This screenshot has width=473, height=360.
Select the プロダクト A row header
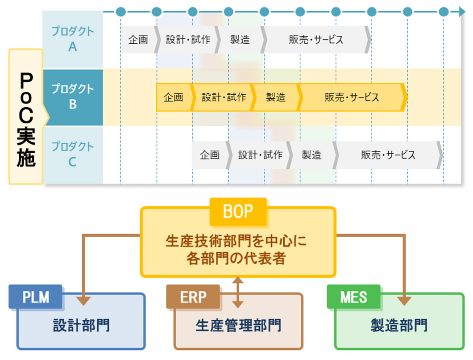(x=72, y=39)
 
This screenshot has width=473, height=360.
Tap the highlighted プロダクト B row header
(x=72, y=96)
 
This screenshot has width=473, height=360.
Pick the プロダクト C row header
(x=72, y=154)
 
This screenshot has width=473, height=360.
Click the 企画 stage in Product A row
(x=138, y=40)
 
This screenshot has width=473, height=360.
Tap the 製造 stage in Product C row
(x=311, y=155)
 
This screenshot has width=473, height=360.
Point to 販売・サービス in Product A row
(x=316, y=40)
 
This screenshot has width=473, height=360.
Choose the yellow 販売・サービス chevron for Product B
(x=352, y=97)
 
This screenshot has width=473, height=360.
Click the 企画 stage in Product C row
(x=210, y=155)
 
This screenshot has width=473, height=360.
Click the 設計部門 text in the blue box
(x=81, y=325)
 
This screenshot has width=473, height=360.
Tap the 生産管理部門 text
(x=238, y=325)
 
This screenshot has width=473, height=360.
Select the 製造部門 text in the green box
(x=399, y=325)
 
